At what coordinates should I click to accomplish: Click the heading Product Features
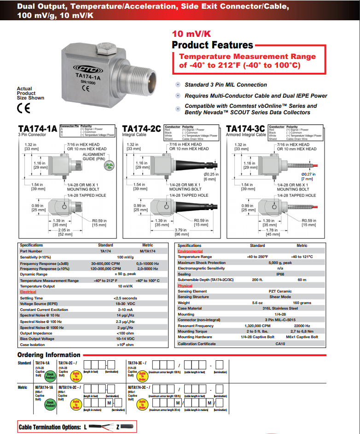[x=212, y=45]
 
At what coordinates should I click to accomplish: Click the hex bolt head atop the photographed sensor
[x=105, y=46]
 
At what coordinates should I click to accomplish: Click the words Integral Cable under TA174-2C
[x=134, y=135]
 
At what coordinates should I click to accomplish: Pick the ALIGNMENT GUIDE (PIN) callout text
[x=94, y=156]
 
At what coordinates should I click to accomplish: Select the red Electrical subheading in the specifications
[x=28, y=292]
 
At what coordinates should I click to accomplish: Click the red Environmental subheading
[x=190, y=251]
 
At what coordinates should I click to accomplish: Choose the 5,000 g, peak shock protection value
[x=280, y=263]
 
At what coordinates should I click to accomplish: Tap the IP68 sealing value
[x=280, y=274]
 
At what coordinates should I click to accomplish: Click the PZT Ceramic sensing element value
[x=280, y=291]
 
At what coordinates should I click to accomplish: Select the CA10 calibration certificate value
[x=280, y=344]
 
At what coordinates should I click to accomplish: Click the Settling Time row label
[x=31, y=298]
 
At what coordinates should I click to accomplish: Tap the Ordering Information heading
[x=49, y=355]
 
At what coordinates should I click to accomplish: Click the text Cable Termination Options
[x=49, y=427]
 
